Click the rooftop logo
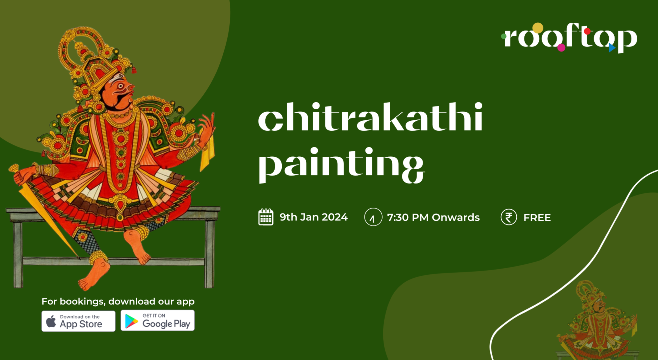[x=569, y=38]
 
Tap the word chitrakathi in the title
[x=370, y=120]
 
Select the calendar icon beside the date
[x=266, y=217]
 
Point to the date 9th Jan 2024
[x=313, y=217]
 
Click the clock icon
[x=373, y=217]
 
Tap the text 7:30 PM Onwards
[x=433, y=217]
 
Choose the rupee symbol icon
[x=508, y=217]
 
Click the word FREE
[x=537, y=217]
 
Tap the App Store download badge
[x=78, y=321]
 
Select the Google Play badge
[x=158, y=321]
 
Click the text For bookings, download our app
[x=118, y=301]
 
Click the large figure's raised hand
[x=206, y=128]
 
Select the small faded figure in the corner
[x=597, y=320]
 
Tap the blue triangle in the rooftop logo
[x=611, y=48]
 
